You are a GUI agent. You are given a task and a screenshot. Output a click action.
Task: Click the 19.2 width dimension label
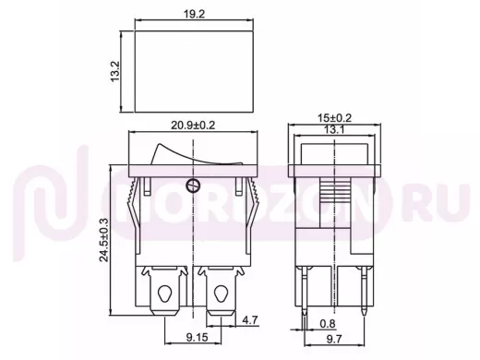(x=194, y=14)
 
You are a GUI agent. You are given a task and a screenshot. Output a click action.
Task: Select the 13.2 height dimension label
(x=114, y=71)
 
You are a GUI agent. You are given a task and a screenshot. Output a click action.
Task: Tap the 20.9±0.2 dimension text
(x=193, y=126)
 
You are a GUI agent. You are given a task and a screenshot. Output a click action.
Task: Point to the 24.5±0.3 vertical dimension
(x=104, y=240)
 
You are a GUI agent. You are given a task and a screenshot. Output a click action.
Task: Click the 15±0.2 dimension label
(x=334, y=118)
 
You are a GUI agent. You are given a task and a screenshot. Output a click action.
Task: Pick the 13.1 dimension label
(x=334, y=130)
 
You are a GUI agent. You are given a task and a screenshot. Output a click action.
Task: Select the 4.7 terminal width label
(x=249, y=320)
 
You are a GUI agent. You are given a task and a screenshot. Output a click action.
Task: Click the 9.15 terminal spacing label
(x=197, y=338)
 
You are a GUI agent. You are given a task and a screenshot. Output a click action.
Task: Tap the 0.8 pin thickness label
(x=328, y=324)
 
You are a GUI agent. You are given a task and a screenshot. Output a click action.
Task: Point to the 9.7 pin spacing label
(x=334, y=339)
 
